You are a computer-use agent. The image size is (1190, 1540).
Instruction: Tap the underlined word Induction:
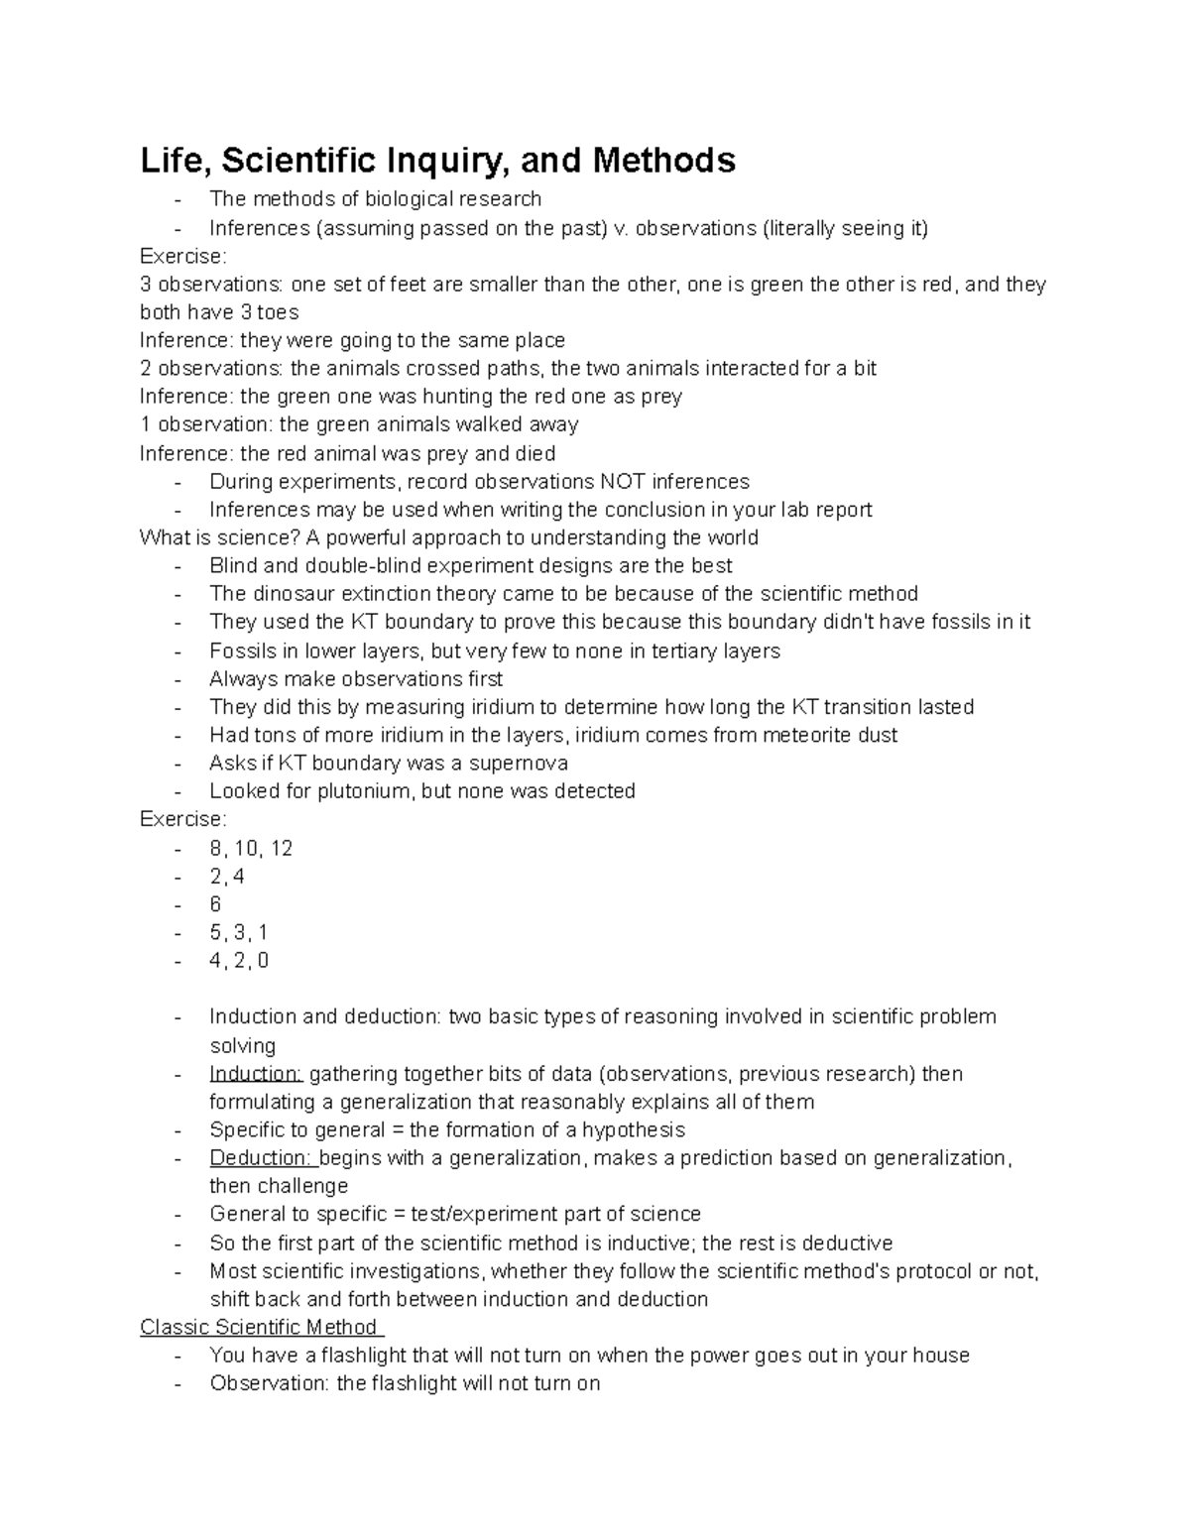(256, 1074)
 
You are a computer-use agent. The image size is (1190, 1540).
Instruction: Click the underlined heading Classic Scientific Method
(260, 1327)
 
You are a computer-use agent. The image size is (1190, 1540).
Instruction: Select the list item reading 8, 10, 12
(251, 848)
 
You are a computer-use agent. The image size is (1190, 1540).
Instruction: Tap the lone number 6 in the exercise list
(215, 904)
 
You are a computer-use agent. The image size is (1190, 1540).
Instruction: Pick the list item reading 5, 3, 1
(238, 932)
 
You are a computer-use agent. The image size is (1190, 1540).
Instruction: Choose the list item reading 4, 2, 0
(239, 960)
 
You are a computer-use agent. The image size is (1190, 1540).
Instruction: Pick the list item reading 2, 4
(227, 877)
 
